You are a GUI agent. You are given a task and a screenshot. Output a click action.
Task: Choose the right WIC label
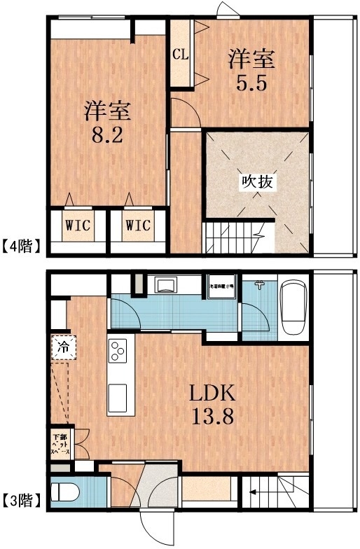(x=138, y=225)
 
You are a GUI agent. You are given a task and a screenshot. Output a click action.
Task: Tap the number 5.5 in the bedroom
(x=250, y=82)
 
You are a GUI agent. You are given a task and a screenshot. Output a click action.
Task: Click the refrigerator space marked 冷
(x=62, y=347)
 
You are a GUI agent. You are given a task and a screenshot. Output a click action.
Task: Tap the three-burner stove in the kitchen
(x=117, y=350)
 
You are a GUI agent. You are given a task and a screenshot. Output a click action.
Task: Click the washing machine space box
(x=223, y=287)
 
